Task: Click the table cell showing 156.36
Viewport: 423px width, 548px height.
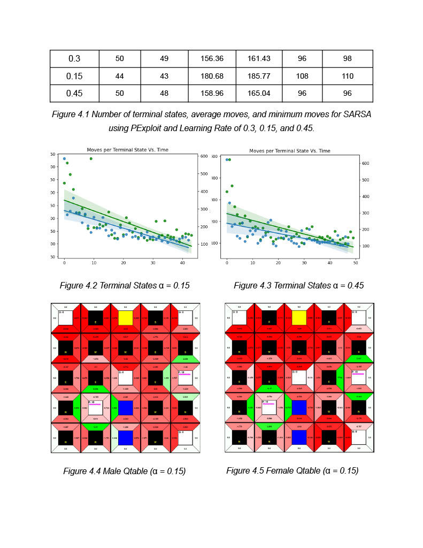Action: click(212, 58)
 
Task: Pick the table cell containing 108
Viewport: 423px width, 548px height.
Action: click(302, 76)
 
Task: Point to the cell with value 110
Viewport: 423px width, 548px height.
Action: click(347, 76)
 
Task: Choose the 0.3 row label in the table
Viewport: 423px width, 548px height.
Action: click(74, 58)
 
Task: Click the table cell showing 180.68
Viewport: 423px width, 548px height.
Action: click(212, 76)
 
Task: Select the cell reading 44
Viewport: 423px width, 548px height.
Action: click(120, 76)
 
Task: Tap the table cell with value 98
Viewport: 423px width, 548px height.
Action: click(347, 58)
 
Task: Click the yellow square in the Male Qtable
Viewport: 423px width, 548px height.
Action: click(126, 318)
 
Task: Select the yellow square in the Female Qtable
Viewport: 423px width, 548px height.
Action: click(299, 318)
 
